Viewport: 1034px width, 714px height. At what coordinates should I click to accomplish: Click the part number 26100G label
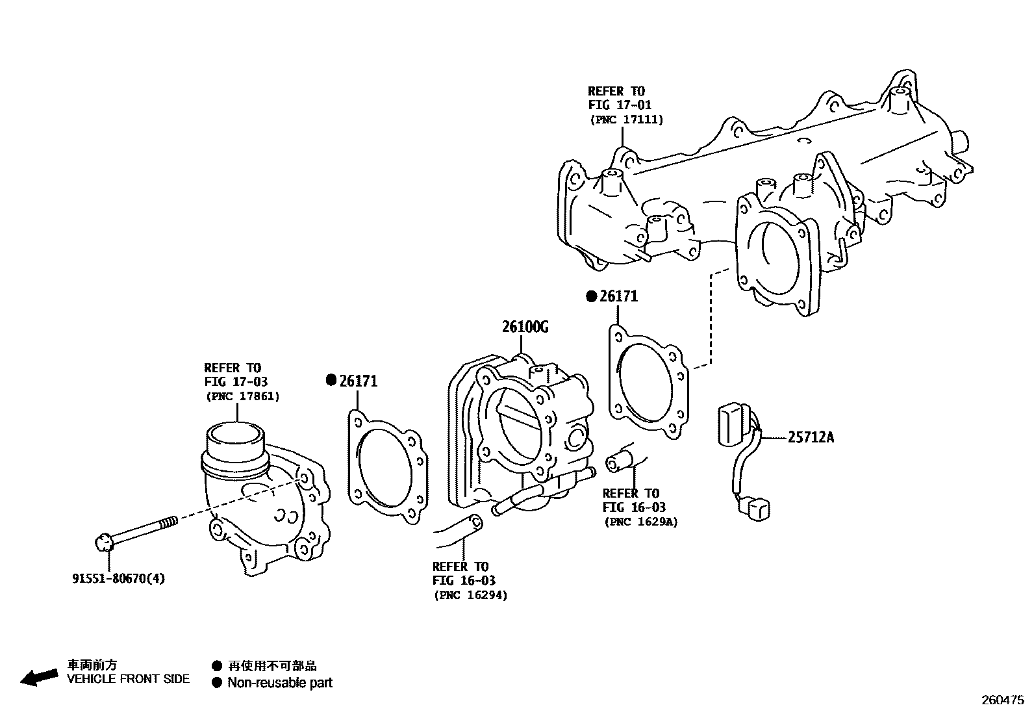point(525,327)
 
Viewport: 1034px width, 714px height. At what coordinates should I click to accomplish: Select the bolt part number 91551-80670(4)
point(118,578)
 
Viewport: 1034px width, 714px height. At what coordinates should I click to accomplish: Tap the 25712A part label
point(811,438)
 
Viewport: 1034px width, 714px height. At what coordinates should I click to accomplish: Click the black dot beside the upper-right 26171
point(591,296)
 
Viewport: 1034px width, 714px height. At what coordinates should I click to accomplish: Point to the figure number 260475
point(1002,701)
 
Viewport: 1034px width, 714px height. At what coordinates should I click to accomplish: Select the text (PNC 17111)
point(626,120)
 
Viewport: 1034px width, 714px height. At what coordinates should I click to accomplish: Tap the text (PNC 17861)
point(242,396)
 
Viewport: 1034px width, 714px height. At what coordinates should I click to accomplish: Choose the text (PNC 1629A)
point(640,521)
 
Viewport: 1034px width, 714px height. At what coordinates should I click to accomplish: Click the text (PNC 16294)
point(470,594)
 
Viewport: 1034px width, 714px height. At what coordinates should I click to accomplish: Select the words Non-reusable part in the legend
point(279,683)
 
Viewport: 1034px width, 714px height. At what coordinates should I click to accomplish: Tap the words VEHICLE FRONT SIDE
point(129,679)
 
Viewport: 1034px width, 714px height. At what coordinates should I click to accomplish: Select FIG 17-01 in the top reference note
point(620,105)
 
